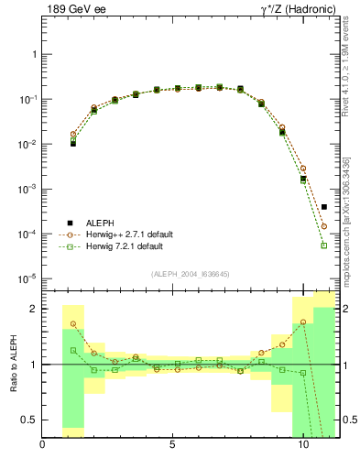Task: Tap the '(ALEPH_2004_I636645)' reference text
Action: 191,273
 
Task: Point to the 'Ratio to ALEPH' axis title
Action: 14,365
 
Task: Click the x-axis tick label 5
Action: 173,446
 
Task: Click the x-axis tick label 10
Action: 303,446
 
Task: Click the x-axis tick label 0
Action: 43,446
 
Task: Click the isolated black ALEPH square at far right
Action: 324,207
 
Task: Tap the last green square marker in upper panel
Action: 324,245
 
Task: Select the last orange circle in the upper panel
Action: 324,225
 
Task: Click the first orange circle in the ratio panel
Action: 73,323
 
